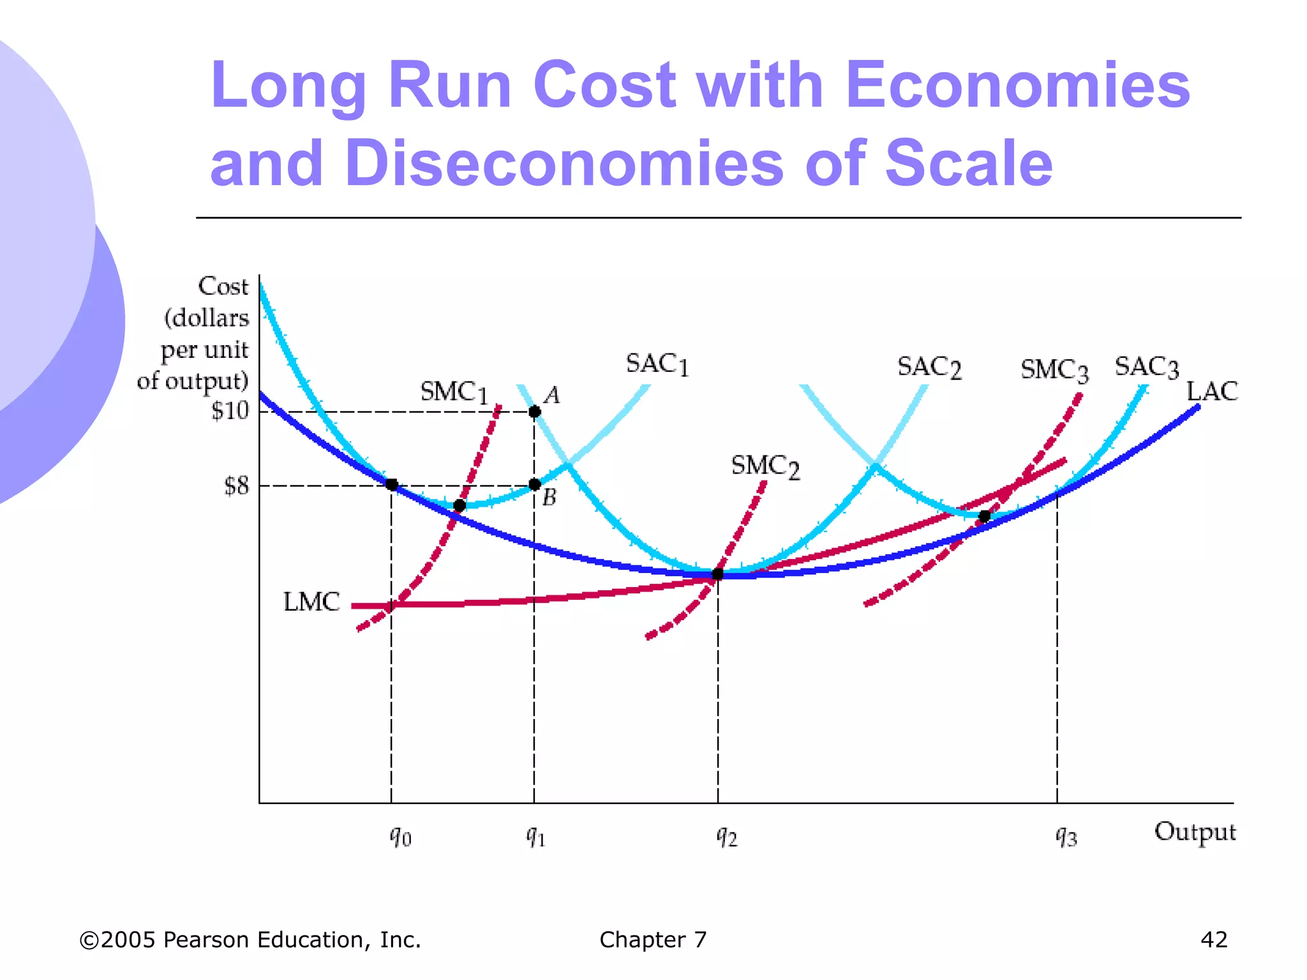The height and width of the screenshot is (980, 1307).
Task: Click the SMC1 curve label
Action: click(x=454, y=392)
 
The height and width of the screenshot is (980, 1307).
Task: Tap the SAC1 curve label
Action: click(x=657, y=364)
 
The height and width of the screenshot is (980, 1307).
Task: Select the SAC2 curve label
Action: click(x=929, y=367)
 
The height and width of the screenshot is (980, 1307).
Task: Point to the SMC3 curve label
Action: click(x=1054, y=370)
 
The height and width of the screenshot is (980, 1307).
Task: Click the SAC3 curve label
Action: click(x=1146, y=367)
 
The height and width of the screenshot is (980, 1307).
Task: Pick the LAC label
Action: click(x=1211, y=391)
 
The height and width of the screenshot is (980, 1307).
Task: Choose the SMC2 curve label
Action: click(x=765, y=466)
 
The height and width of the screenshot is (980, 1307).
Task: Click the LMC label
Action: click(x=311, y=602)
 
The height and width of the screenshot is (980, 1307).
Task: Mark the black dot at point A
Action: click(x=535, y=412)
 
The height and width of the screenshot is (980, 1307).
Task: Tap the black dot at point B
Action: click(x=535, y=485)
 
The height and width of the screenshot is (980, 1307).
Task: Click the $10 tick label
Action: click(x=230, y=410)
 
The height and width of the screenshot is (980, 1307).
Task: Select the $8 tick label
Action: click(x=235, y=486)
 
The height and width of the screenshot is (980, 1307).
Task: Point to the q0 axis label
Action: click(x=401, y=835)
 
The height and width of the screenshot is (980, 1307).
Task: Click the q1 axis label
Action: click(x=535, y=835)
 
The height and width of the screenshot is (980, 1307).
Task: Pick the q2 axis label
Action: click(x=727, y=835)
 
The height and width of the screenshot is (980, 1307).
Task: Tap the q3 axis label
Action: click(x=1066, y=835)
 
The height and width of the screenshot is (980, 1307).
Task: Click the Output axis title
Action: click(x=1195, y=832)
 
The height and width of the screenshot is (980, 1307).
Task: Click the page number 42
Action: click(x=1214, y=940)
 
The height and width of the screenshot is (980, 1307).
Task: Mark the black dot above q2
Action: click(x=717, y=574)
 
